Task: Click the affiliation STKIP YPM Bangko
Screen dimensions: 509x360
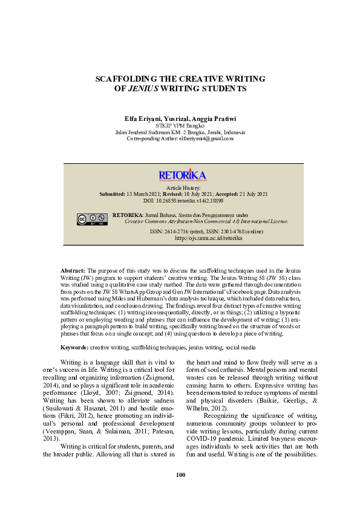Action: [180, 125]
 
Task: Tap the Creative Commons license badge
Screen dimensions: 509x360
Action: [92, 219]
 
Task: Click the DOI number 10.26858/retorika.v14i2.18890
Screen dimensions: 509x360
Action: [191, 200]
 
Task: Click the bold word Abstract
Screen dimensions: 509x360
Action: [73, 270]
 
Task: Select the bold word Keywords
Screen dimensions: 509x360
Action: [74, 348]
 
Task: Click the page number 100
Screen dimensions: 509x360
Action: [180, 475]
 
